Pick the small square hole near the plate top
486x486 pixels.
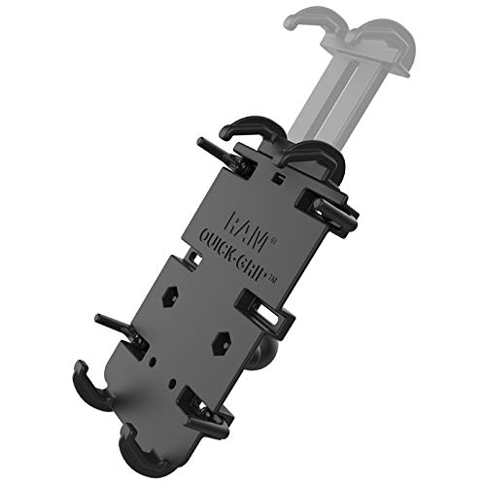pos(278,181)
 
